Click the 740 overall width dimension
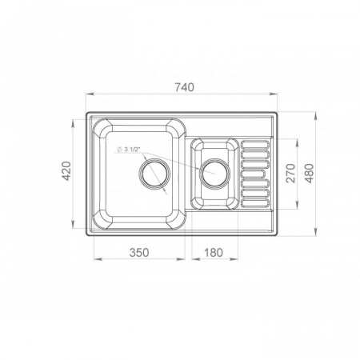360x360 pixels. click(x=184, y=87)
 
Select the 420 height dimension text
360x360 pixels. click(x=66, y=171)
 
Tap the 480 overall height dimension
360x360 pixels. click(x=310, y=173)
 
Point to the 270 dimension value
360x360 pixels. click(x=290, y=173)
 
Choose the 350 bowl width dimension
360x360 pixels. click(x=139, y=252)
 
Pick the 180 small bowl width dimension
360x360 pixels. click(x=214, y=252)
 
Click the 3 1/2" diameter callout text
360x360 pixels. click(x=132, y=150)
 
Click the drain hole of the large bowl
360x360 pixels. click(x=154, y=174)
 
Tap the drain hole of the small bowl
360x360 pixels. click(x=215, y=174)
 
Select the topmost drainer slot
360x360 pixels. click(x=255, y=145)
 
